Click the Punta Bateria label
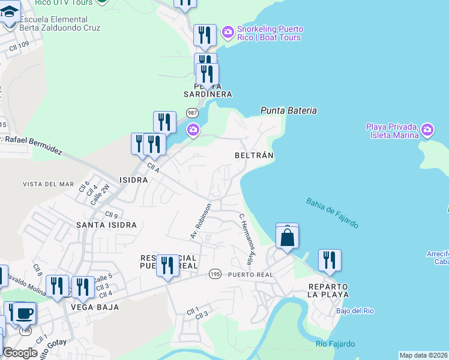[x=288, y=110]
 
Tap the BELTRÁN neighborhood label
[x=254, y=155]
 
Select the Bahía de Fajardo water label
[x=332, y=213]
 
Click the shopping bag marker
[x=288, y=237]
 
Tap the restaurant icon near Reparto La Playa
[x=330, y=260]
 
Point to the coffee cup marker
[x=25, y=313]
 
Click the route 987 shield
[x=192, y=113]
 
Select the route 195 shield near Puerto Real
[x=215, y=274]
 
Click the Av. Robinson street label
[x=201, y=221]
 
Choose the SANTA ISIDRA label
[x=106, y=225]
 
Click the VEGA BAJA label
[x=94, y=307]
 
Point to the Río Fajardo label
[x=335, y=344]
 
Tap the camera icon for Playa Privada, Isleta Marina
[x=427, y=129]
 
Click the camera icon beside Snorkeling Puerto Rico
[x=228, y=31]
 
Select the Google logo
[x=20, y=353]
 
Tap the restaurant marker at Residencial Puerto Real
[x=167, y=265]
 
